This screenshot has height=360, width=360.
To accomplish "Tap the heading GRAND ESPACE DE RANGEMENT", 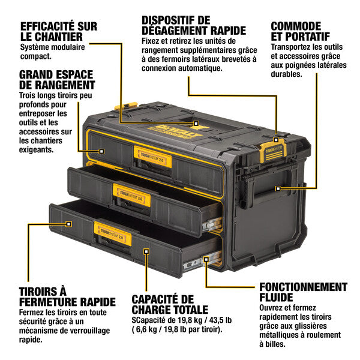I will tap(56, 80).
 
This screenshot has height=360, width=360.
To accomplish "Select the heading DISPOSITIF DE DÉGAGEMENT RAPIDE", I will tap(193, 25).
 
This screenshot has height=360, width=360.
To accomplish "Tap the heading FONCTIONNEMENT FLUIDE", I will tap(303, 292).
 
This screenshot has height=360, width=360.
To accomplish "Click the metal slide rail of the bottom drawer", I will tap(194, 263).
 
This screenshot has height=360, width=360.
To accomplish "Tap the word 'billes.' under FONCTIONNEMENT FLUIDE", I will tap(271, 344).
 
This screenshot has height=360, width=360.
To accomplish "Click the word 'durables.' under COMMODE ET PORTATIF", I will tap(286, 74).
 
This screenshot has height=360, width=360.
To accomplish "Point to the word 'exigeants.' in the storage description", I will tap(40, 150).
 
